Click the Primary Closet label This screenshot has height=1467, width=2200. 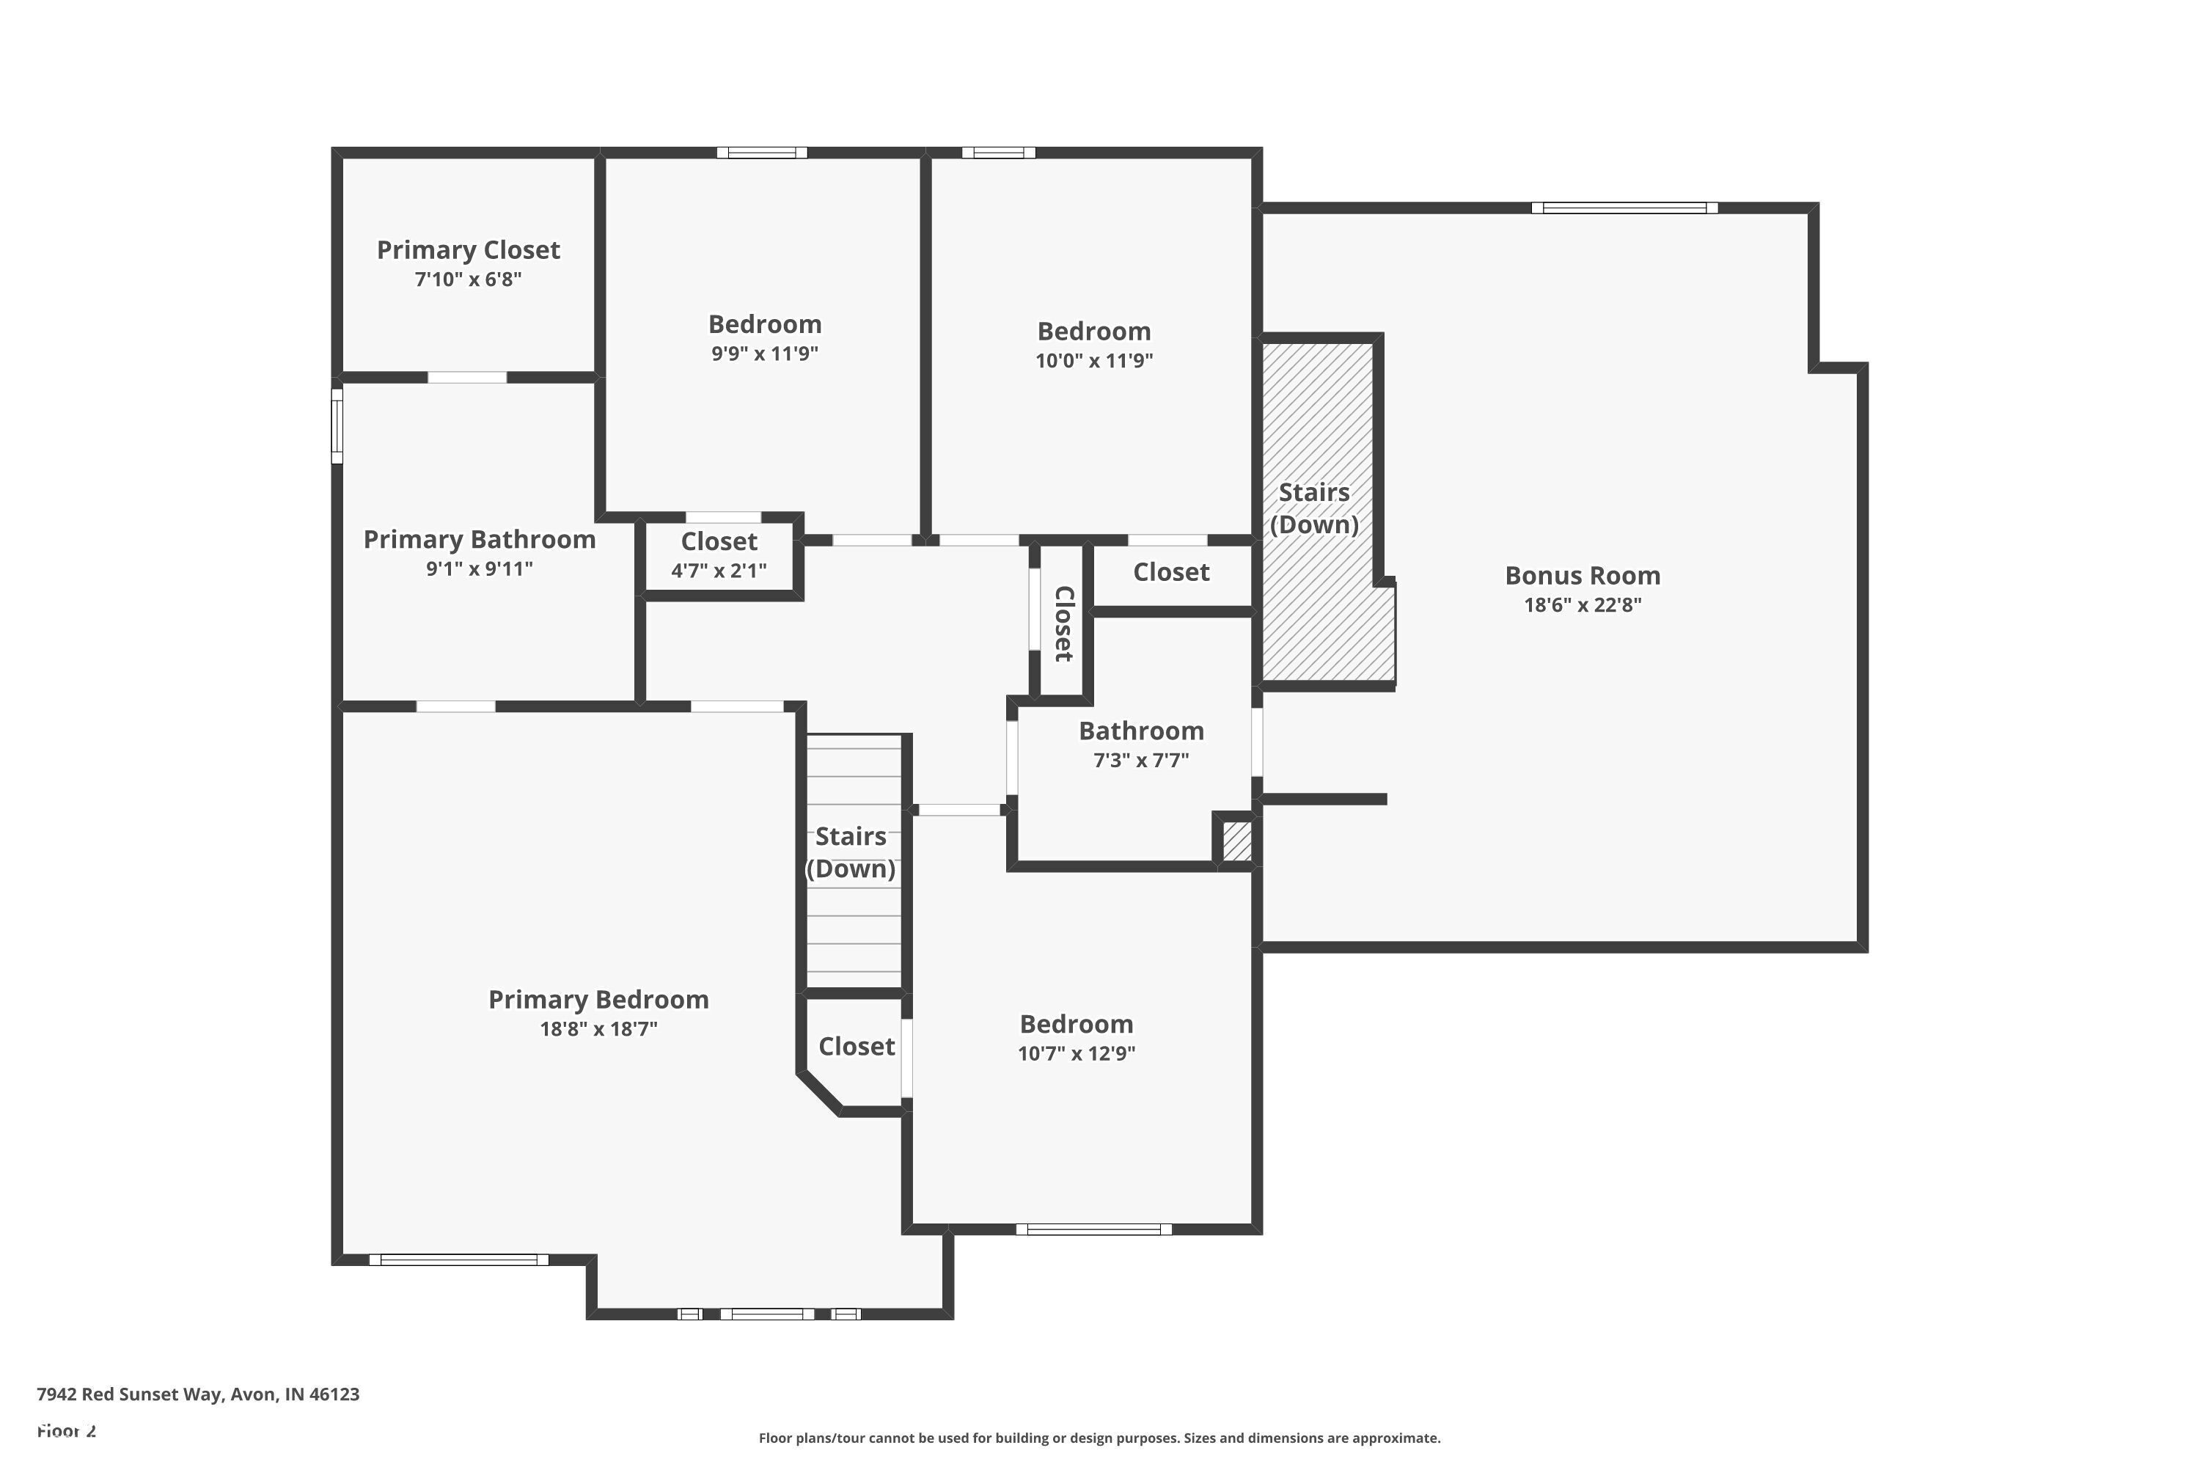[468, 250]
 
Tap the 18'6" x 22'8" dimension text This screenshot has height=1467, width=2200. [1583, 604]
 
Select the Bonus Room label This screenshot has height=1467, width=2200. [1583, 575]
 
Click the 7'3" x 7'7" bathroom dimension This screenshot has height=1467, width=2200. [1141, 760]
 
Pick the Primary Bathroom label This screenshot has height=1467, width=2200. [479, 540]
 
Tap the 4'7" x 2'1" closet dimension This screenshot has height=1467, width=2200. [719, 571]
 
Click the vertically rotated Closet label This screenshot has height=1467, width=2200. [1063, 624]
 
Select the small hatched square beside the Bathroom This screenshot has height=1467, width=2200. [1236, 840]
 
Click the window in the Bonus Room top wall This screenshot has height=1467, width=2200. [1625, 208]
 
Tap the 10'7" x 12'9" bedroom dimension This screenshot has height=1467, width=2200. [1077, 1053]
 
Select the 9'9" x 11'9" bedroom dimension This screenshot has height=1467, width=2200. [765, 354]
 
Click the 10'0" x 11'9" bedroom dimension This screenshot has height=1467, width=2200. [1094, 360]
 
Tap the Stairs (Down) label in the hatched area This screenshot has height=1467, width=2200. [1314, 508]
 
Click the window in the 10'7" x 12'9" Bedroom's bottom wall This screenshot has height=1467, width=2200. [1094, 1229]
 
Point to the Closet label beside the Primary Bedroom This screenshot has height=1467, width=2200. [857, 1047]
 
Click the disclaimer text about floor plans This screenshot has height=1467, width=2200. [1100, 1438]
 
